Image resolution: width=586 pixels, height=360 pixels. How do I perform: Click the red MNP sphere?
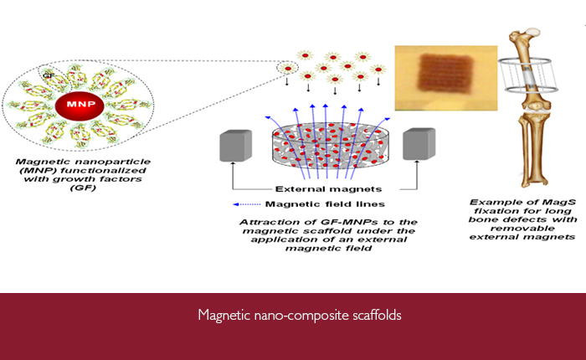[80, 105]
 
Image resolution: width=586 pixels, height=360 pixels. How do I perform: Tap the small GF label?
[49, 76]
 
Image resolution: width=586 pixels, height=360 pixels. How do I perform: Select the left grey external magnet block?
[235, 146]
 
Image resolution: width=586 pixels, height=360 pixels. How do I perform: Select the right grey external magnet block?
[419, 144]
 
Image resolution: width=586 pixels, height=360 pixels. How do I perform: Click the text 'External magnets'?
[328, 189]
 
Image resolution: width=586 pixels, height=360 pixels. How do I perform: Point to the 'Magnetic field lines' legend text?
[325, 204]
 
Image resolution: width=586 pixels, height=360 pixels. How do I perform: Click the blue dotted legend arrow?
[247, 204]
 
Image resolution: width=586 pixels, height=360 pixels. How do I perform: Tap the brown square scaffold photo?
[446, 78]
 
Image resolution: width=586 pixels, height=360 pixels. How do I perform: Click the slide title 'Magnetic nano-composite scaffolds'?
[300, 315]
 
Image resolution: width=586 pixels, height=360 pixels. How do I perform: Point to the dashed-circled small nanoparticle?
[288, 69]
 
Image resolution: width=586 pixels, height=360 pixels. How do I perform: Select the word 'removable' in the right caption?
[522, 228]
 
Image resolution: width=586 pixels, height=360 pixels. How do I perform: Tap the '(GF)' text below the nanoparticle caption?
[83, 188]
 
